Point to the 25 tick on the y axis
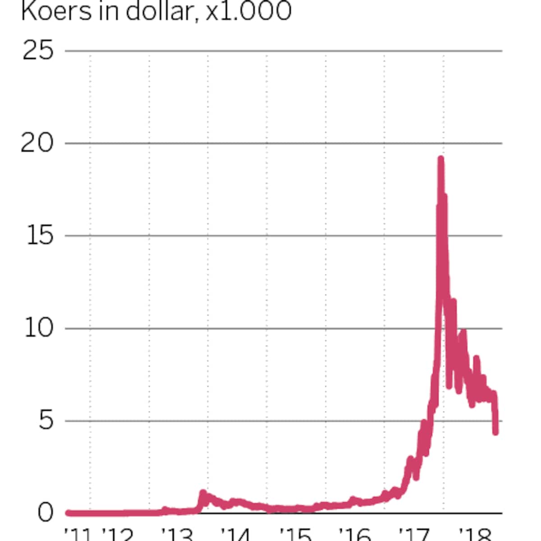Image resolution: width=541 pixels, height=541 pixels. pyautogui.click(x=38, y=50)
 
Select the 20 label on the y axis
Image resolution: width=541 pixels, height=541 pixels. pyautogui.click(x=37, y=143)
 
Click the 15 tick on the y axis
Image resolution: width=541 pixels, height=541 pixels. pyautogui.click(x=40, y=235)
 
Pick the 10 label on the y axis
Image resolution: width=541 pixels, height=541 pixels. pyautogui.click(x=39, y=328)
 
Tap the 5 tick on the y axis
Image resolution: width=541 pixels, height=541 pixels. pyautogui.click(x=46, y=421)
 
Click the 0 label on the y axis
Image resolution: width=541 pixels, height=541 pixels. pyautogui.click(x=46, y=513)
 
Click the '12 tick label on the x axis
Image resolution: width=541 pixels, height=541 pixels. pyautogui.click(x=118, y=534)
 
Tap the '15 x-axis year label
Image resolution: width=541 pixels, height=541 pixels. pyautogui.click(x=295, y=534)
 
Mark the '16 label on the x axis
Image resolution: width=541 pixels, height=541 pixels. pyautogui.click(x=354, y=534)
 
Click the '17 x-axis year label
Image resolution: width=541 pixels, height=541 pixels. pyautogui.click(x=413, y=534)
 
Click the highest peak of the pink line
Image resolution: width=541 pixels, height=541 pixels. pyautogui.click(x=440, y=159)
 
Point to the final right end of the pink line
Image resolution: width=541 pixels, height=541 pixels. pyautogui.click(x=495, y=432)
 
